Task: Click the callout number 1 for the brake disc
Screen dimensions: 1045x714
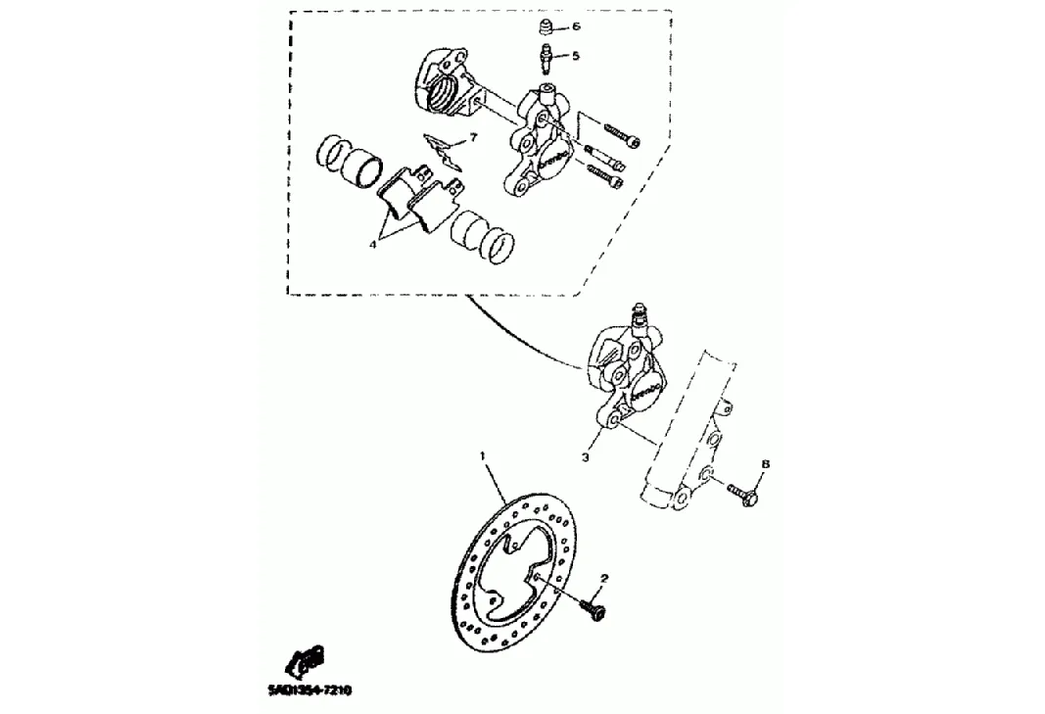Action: [x=482, y=455]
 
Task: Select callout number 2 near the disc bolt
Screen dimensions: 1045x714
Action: [x=604, y=579]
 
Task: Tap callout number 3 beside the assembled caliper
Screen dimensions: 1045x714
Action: [x=585, y=456]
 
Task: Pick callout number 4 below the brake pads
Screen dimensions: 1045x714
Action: [x=373, y=245]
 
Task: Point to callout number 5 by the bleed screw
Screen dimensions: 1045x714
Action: [x=576, y=56]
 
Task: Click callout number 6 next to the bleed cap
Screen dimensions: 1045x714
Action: [x=576, y=26]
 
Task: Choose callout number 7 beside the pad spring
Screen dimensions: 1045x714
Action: [x=473, y=138]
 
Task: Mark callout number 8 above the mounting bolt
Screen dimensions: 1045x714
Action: [x=766, y=464]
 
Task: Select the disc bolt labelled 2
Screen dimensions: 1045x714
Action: [x=593, y=608]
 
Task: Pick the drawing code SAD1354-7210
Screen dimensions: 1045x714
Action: [x=309, y=690]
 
